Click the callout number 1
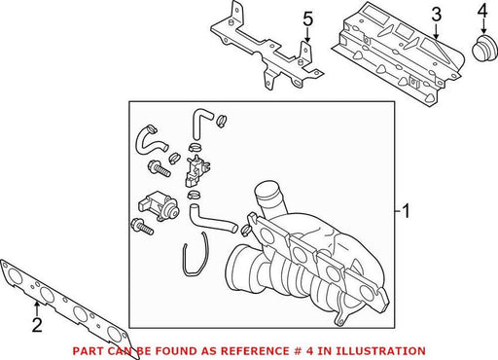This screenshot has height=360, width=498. point(406,211)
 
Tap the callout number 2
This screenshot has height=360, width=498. point(37,325)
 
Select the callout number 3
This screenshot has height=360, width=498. point(437,16)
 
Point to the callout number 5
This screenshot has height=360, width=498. point(307,19)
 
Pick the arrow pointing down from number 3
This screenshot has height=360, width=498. point(437,32)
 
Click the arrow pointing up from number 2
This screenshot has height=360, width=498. point(37,309)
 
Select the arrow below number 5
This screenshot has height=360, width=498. point(307,35)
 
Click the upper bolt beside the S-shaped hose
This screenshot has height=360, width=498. point(159,169)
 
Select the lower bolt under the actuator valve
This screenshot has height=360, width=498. point(142,227)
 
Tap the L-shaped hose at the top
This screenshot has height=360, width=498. point(198,125)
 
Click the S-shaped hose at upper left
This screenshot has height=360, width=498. point(149,141)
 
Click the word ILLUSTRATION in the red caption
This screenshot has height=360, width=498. point(380,351)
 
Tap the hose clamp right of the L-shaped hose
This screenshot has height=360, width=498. point(221,121)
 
